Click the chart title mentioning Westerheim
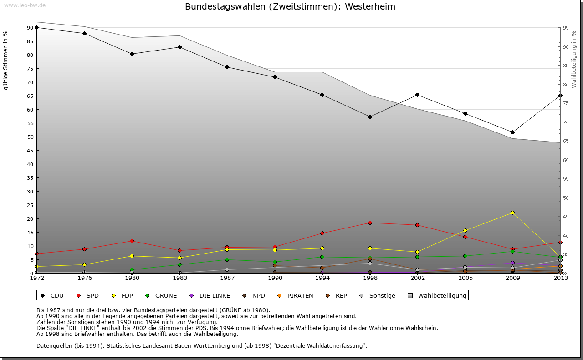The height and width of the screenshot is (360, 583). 290,7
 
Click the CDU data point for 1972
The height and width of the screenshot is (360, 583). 36,27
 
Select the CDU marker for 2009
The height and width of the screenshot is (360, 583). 512,132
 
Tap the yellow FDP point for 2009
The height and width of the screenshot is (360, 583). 512,213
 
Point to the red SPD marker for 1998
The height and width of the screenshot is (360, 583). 370,223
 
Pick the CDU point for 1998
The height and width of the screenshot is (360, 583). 370,117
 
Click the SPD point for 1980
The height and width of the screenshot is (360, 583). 132,241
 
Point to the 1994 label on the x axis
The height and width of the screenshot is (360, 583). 322,278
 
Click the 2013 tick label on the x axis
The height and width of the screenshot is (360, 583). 560,278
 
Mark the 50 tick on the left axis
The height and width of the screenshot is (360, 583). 30,137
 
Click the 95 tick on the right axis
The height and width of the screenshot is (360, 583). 566,28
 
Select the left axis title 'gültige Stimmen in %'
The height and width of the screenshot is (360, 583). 6,60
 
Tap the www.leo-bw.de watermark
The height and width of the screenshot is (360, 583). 25,5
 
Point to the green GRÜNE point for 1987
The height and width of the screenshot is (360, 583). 227,259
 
